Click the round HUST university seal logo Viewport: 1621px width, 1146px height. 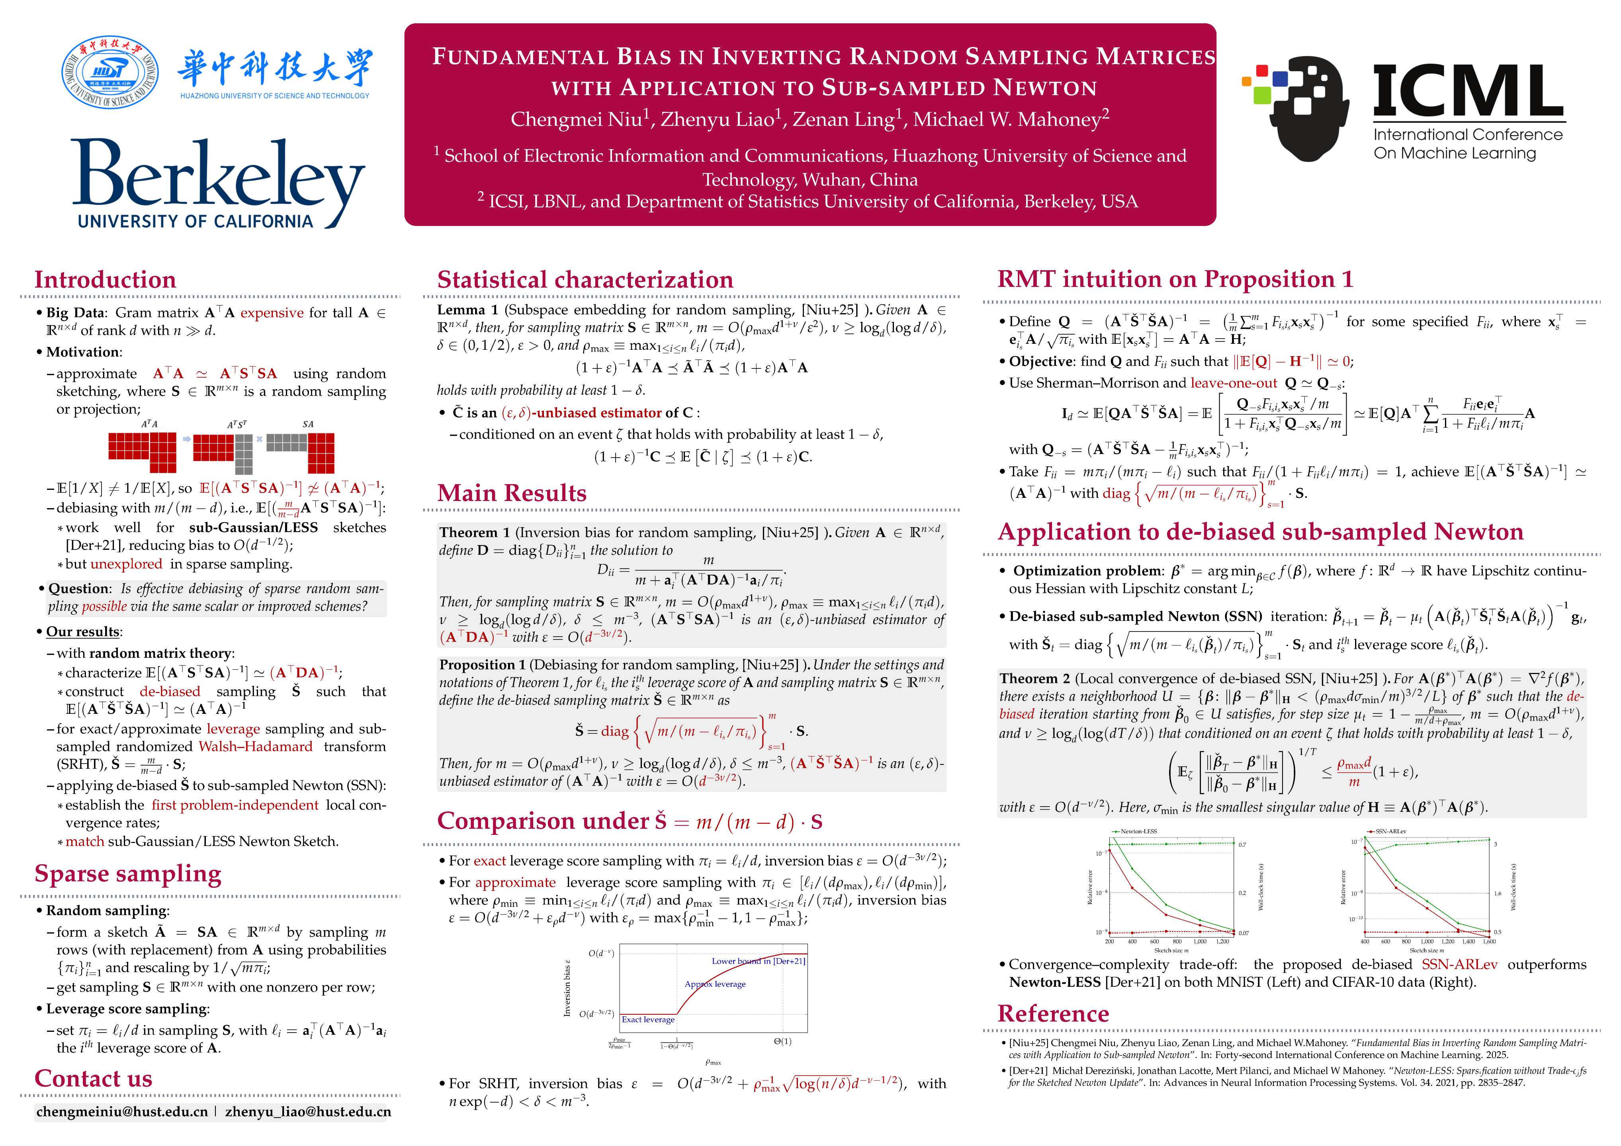(x=110, y=73)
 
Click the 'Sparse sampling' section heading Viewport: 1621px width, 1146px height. (x=128, y=873)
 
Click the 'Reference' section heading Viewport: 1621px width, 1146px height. (x=1053, y=1013)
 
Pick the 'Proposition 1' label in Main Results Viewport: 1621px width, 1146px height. (x=482, y=665)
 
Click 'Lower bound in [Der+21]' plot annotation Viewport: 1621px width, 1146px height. (x=758, y=961)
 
